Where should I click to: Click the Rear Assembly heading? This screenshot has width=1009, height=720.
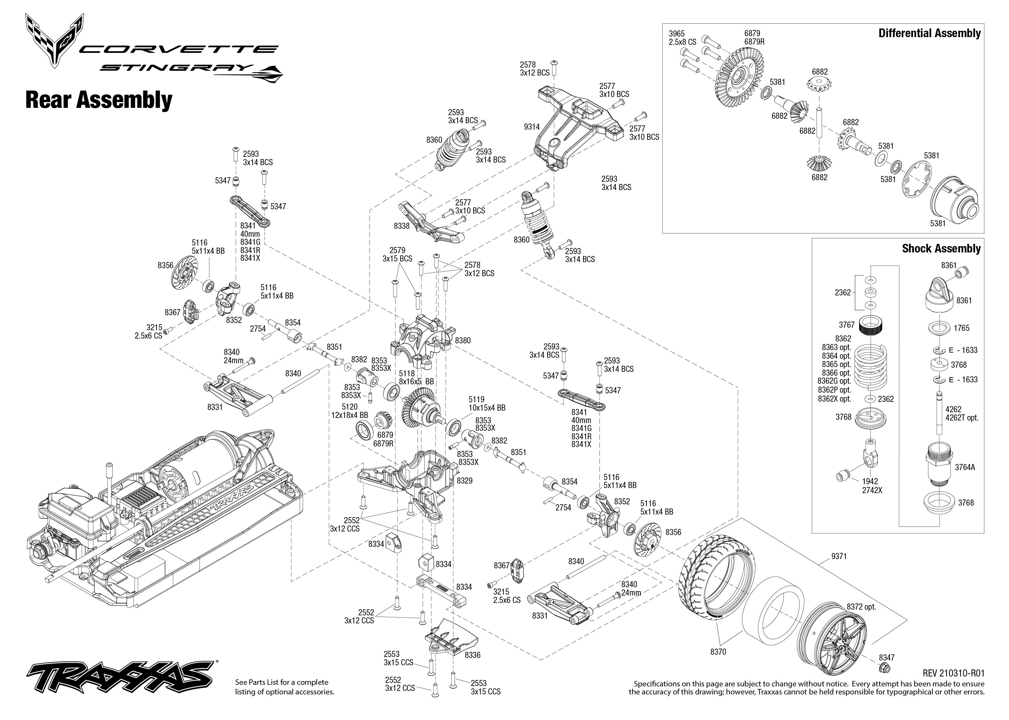click(x=98, y=100)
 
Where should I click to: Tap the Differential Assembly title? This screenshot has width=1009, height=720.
click(x=929, y=33)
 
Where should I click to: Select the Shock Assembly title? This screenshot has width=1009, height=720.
click(x=941, y=248)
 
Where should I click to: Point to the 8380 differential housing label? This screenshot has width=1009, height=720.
click(x=463, y=340)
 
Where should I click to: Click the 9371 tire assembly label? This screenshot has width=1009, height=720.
click(x=839, y=556)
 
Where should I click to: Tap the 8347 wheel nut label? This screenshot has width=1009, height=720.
click(x=887, y=658)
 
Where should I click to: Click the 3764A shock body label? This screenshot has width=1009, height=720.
click(x=964, y=467)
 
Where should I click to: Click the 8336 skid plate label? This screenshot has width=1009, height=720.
click(x=472, y=655)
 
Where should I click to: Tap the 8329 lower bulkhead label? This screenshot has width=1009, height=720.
click(x=464, y=481)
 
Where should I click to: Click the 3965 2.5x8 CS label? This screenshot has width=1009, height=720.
click(x=682, y=38)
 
